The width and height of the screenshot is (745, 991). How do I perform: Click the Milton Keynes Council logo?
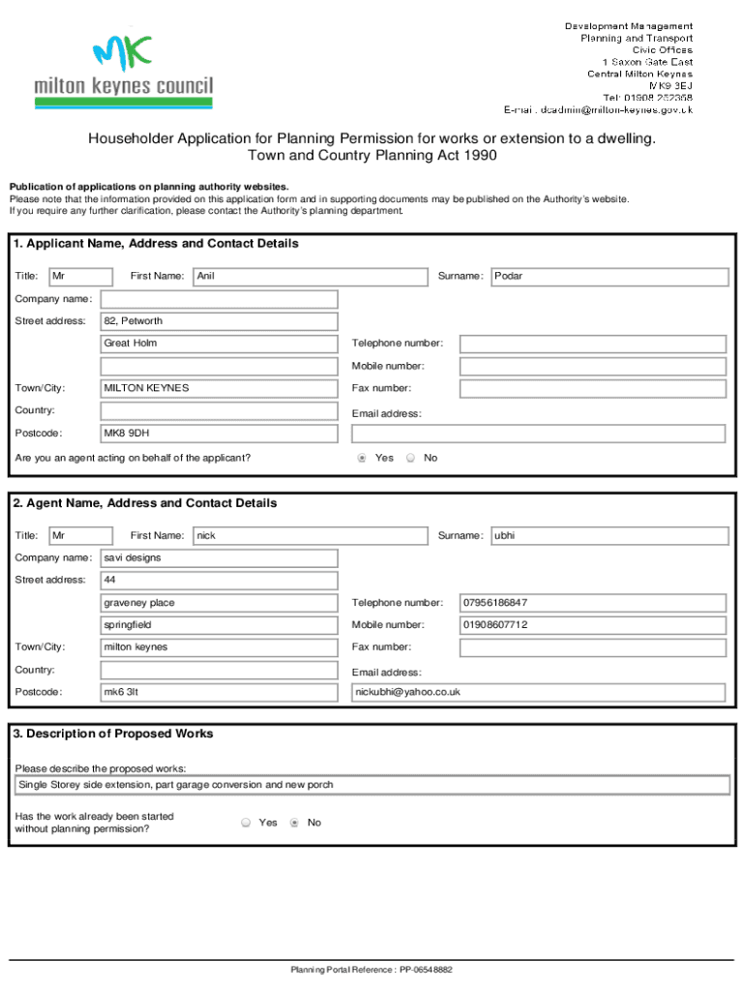pos(123,73)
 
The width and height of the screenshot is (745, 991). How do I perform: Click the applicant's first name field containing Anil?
pos(310,277)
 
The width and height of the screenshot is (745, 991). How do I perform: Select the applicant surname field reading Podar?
pos(610,277)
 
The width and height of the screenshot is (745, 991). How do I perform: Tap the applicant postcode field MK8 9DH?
pos(219,433)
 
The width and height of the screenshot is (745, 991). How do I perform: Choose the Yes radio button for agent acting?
pos(362,458)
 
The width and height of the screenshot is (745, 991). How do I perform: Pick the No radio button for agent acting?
pos(410,458)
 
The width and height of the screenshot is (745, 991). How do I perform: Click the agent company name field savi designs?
pos(219,558)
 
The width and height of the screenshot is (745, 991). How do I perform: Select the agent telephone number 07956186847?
pos(592,603)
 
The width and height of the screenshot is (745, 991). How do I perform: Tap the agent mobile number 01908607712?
pos(592,625)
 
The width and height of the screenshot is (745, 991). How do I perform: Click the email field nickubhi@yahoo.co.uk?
pos(538,692)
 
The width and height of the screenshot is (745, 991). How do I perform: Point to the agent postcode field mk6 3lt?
pos(219,692)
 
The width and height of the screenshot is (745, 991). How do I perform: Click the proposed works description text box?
pos(372,785)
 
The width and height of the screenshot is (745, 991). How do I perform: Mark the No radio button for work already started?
pos(294,823)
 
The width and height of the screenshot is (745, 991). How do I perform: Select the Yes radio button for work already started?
pos(246,823)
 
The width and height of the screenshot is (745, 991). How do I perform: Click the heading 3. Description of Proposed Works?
pos(113,734)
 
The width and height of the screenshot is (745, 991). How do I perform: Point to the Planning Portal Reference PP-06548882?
pos(372,969)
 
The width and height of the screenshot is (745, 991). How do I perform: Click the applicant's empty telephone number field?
pos(592,344)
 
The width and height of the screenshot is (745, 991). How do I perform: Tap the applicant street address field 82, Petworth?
pos(219,321)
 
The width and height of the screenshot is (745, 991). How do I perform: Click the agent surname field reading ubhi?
pos(610,536)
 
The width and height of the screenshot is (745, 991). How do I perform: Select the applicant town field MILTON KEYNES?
pos(219,388)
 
